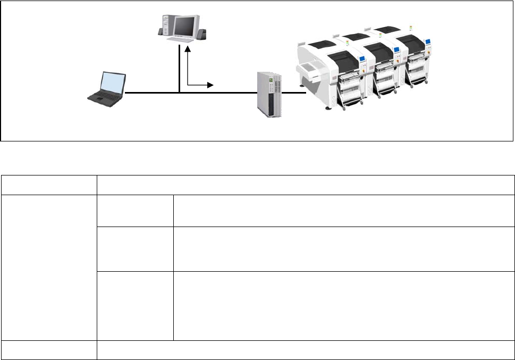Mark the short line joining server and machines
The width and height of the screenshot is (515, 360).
(x=294, y=93)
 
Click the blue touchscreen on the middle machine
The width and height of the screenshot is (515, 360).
(x=395, y=51)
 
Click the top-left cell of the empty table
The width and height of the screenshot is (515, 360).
(x=48, y=185)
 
